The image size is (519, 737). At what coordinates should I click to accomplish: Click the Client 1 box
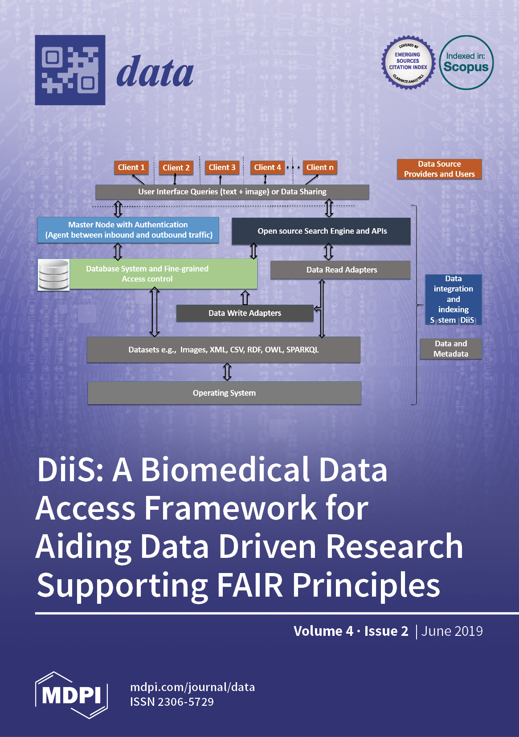[x=131, y=168]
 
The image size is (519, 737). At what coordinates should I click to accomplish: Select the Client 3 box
[x=222, y=168]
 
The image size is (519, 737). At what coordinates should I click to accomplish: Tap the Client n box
[x=319, y=168]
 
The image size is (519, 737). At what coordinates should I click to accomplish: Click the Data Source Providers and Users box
[x=439, y=169]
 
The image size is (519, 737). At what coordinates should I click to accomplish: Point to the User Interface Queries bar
[x=232, y=192]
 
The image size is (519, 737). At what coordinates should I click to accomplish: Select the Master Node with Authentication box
[x=128, y=230]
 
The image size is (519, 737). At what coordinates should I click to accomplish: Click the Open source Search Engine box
[x=321, y=231]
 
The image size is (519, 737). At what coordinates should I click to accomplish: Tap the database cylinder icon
[x=53, y=274]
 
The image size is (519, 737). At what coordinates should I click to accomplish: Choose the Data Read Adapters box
[x=341, y=270]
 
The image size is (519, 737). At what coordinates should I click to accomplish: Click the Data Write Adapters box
[x=245, y=313]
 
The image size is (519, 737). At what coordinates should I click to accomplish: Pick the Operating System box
[x=224, y=393]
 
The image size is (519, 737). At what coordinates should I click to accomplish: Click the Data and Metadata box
[x=451, y=348]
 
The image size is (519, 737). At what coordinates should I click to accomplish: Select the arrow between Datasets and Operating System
[x=227, y=372]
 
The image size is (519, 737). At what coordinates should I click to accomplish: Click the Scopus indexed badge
[x=466, y=62]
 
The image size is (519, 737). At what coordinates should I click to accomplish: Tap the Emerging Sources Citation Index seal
[x=408, y=62]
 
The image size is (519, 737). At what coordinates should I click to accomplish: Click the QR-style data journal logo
[x=70, y=70]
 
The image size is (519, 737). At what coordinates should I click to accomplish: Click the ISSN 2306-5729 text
[x=172, y=702]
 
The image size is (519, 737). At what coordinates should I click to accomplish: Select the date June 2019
[x=452, y=631]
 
